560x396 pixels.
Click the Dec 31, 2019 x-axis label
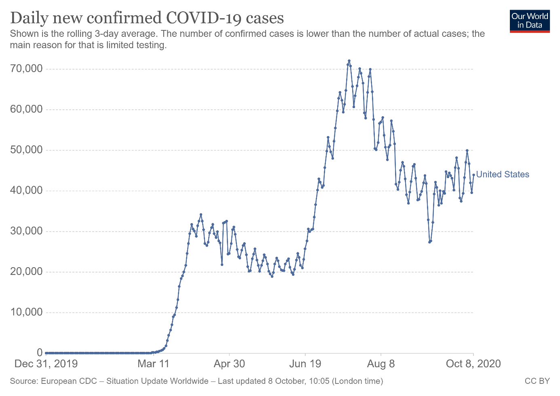[46, 364]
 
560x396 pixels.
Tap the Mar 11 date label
[153, 364]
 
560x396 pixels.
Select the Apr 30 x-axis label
[229, 364]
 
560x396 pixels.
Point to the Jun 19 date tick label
[305, 364]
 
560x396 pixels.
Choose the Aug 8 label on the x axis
[381, 364]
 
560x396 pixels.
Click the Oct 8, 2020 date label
[473, 364]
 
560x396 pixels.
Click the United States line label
[503, 175]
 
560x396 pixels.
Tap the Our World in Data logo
[530, 21]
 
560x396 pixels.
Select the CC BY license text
[537, 381]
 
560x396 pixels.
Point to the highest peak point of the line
[349, 61]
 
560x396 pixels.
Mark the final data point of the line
[473, 175]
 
